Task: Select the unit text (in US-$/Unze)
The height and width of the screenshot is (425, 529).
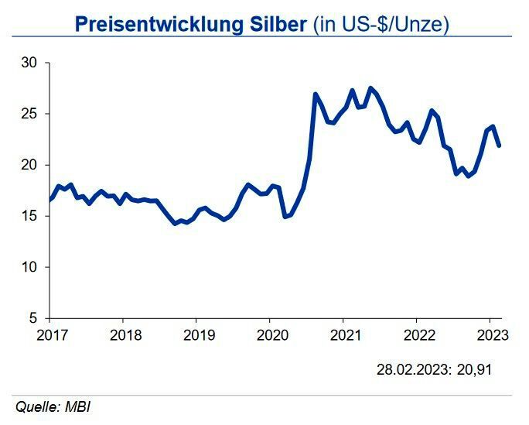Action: [381, 24]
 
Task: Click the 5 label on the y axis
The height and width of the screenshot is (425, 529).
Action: [35, 318]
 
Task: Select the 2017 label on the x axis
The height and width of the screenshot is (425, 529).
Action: [52, 335]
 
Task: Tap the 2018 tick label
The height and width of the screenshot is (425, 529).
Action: [125, 335]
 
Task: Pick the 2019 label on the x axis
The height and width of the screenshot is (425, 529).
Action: [199, 335]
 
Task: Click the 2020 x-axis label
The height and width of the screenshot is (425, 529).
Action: [272, 335]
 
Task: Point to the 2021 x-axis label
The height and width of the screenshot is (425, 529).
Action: [346, 335]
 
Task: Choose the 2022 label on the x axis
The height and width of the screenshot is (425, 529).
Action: [419, 335]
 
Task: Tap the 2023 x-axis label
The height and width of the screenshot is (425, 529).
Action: [492, 335]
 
